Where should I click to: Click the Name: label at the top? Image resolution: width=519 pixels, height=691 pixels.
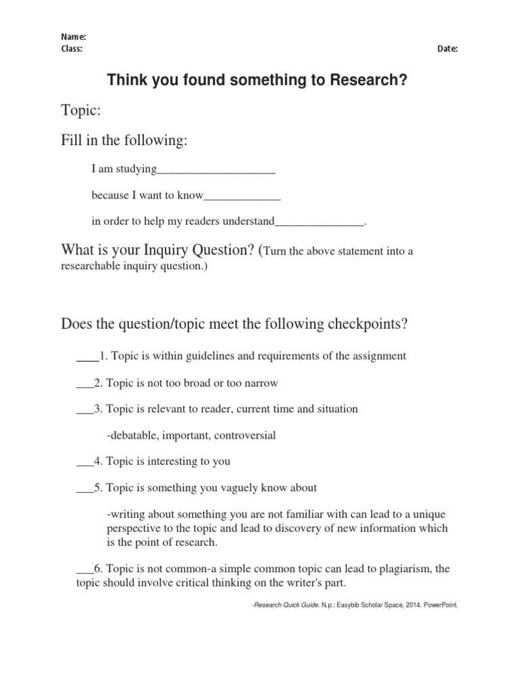tap(74, 37)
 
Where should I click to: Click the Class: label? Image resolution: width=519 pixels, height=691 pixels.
tap(72, 49)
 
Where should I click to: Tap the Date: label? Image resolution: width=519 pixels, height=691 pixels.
tap(447, 49)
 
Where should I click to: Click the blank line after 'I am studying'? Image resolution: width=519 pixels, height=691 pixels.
tap(216, 169)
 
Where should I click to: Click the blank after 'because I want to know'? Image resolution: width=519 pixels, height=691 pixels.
tap(241, 196)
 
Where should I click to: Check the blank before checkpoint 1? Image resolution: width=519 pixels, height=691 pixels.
tap(86, 356)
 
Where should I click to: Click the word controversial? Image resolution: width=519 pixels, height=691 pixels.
tap(245, 435)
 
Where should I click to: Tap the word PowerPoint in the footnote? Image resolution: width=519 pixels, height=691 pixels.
tap(441, 605)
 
